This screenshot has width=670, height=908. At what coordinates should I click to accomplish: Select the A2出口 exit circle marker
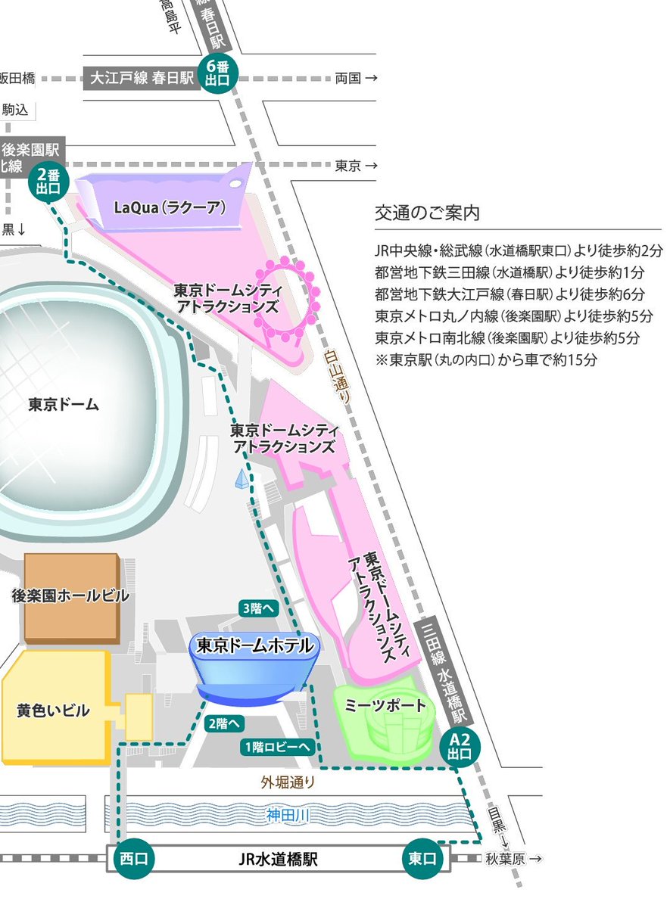coord(460,748)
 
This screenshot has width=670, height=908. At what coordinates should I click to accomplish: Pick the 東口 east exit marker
coord(422,859)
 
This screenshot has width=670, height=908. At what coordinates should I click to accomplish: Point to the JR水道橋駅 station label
coord(277,859)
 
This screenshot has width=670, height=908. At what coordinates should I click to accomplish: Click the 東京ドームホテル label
coord(254,645)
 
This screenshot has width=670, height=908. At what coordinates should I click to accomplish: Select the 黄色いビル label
coord(53,711)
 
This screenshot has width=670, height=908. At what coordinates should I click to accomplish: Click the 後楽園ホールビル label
coord(70,596)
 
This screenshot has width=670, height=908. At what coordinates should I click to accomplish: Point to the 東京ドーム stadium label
coord(64,404)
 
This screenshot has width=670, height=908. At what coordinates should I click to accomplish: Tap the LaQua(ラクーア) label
coord(170,206)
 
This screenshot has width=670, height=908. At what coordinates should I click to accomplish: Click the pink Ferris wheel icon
coord(291,297)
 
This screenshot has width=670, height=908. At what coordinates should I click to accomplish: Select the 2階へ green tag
coord(225,723)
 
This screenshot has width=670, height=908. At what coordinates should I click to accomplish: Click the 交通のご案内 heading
coord(427,213)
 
